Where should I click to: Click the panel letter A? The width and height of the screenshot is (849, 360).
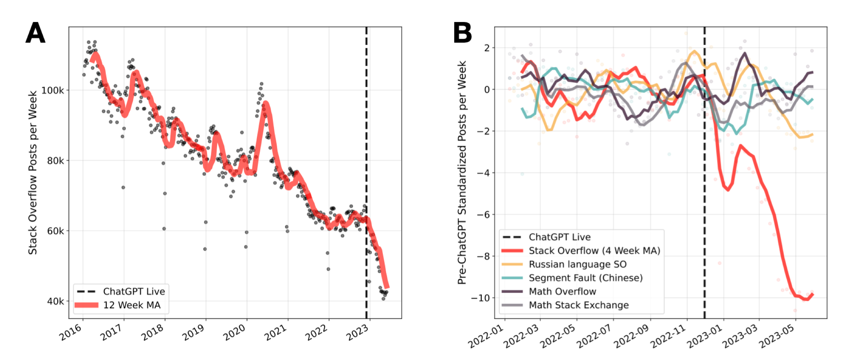(x=35, y=33)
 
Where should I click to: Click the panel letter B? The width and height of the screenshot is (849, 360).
(x=462, y=33)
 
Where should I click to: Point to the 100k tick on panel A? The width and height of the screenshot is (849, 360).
(x=52, y=90)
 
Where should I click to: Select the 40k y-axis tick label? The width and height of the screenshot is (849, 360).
(x=55, y=301)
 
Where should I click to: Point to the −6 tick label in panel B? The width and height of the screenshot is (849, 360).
(x=483, y=214)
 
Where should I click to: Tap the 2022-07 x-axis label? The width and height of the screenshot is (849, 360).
(x=594, y=335)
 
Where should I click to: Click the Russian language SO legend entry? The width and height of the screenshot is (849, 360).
(x=577, y=264)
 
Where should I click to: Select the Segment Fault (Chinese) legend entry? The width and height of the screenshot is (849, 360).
(x=585, y=278)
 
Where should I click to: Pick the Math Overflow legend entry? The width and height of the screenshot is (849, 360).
(x=562, y=292)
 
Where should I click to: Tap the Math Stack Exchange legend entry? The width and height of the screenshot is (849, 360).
(x=579, y=305)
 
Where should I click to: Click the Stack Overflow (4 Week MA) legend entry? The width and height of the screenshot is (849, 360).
(x=594, y=251)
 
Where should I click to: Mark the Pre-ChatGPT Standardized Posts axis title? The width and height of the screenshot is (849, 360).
(x=462, y=172)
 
